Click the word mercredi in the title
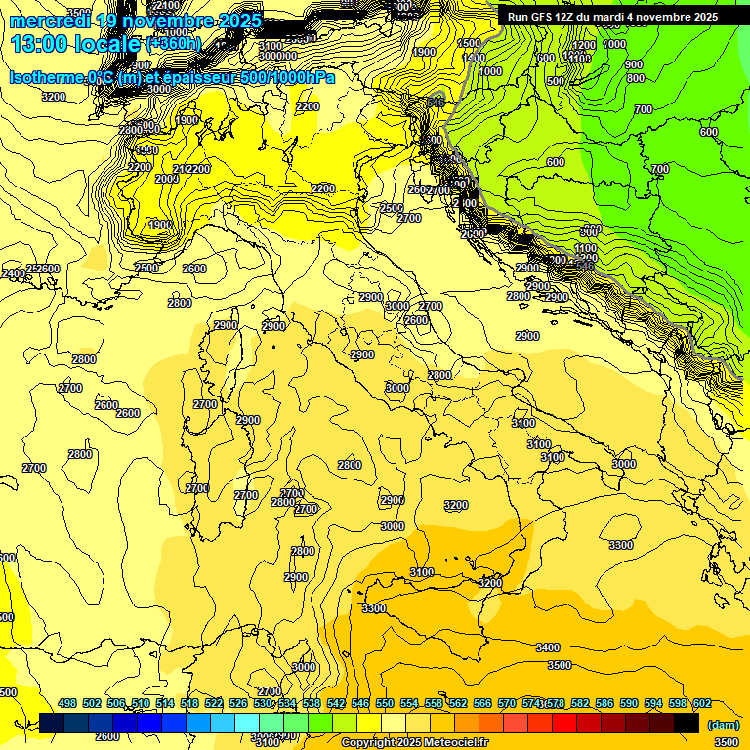[51, 21]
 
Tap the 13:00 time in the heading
[40, 44]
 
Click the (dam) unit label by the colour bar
[723, 726]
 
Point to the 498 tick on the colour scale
[67, 703]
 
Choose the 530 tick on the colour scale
[263, 703]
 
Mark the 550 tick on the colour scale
[385, 703]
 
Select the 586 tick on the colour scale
[604, 703]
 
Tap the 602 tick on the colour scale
[702, 703]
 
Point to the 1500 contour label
[470, 43]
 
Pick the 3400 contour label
[548, 647]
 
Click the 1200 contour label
[584, 46]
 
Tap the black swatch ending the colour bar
[687, 723]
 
